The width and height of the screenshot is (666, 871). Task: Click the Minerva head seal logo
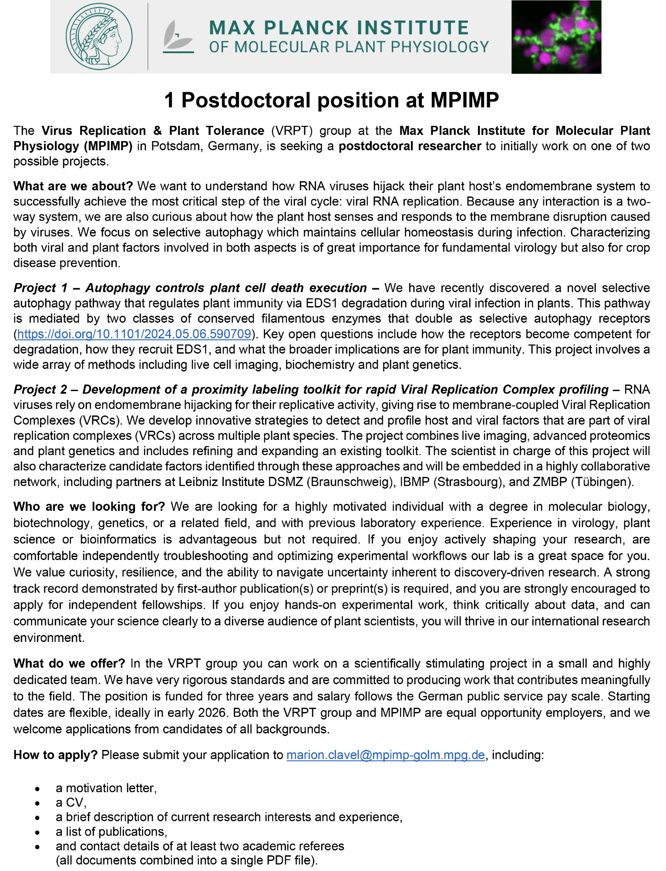click(x=99, y=37)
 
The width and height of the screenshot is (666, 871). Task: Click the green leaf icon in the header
click(x=178, y=37)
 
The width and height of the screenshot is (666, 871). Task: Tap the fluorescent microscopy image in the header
click(x=556, y=37)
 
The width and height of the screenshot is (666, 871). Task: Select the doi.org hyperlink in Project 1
click(x=134, y=334)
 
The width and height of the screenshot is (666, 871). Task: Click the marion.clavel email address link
click(x=385, y=755)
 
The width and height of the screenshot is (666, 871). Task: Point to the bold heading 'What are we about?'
click(x=73, y=186)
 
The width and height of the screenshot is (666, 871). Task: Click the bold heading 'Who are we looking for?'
click(x=89, y=506)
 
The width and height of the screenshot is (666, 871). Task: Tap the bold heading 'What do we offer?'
click(x=69, y=663)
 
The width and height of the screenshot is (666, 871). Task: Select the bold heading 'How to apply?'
click(x=56, y=755)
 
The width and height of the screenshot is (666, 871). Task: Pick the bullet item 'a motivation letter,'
click(x=106, y=788)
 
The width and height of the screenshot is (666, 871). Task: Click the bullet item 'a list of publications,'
click(x=111, y=831)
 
